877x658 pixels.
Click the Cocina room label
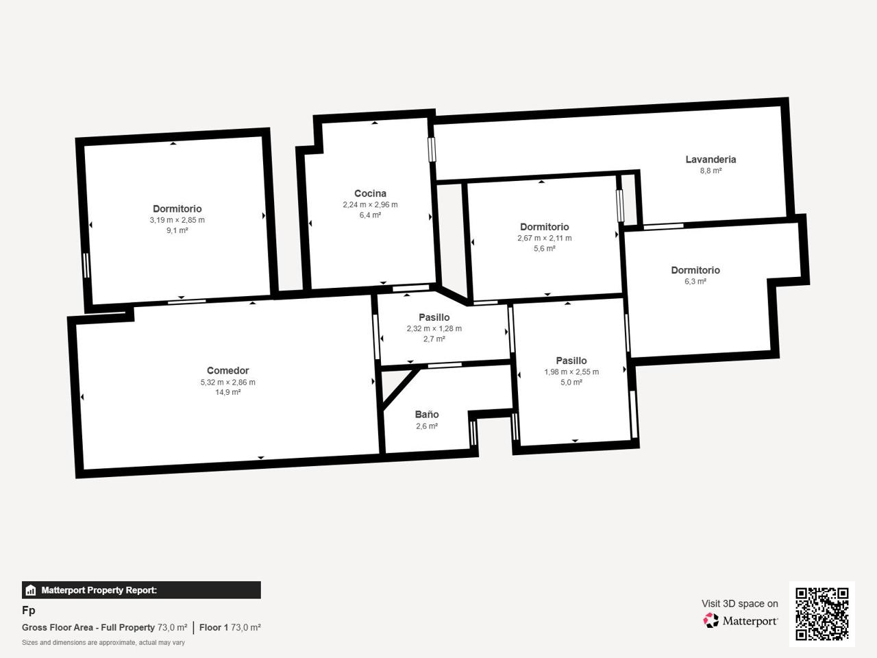tap(371, 193)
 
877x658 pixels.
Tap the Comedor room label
tap(227, 370)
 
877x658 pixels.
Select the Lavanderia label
tap(711, 160)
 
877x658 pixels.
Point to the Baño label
tap(427, 414)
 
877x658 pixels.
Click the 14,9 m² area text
tap(227, 392)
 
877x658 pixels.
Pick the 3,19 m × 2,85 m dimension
tap(177, 220)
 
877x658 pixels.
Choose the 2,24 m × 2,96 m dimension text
tap(371, 204)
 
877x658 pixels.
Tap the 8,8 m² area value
tap(711, 171)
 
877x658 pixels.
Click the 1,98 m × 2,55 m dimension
tap(571, 372)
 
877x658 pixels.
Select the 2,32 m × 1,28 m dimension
tap(434, 328)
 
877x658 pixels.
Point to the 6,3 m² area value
tap(695, 281)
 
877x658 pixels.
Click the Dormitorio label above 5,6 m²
tap(544, 227)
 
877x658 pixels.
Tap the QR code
tap(822, 614)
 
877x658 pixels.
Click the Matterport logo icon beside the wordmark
tap(711, 620)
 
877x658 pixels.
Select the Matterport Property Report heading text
tap(99, 590)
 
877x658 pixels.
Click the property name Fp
tap(28, 610)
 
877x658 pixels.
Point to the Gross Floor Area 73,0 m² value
tap(172, 627)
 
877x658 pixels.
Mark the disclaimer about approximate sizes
tap(103, 642)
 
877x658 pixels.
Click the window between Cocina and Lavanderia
tap(432, 149)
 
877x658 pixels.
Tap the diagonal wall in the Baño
tap(400, 389)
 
